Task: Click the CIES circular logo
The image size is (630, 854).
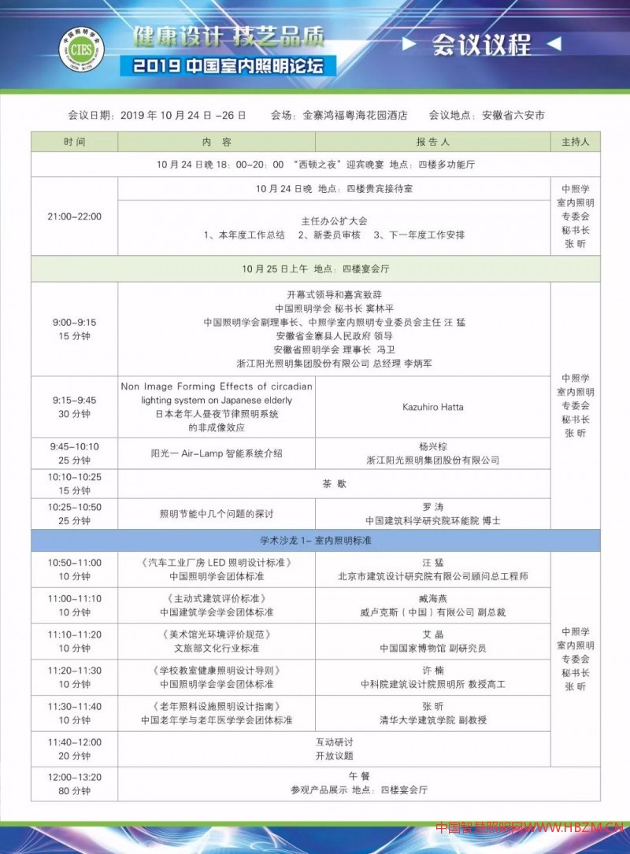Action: [83, 49]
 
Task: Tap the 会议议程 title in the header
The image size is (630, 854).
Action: [481, 45]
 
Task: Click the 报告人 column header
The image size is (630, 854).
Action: [432, 142]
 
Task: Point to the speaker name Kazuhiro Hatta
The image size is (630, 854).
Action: [432, 407]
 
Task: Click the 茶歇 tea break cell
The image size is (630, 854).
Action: [334, 483]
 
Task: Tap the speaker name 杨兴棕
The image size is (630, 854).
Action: [432, 445]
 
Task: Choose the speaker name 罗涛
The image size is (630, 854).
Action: [432, 506]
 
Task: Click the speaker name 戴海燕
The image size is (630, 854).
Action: [432, 598]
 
